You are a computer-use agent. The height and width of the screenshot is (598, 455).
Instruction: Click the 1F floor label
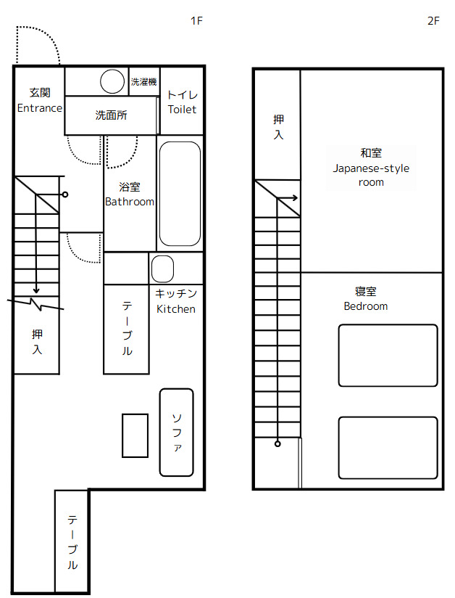(196, 21)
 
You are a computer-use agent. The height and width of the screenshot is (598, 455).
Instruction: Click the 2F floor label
(433, 21)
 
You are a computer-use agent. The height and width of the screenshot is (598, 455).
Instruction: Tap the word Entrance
(39, 108)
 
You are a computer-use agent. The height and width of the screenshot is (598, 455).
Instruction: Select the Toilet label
(182, 110)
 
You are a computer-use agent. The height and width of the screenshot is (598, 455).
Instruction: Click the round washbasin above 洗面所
(112, 81)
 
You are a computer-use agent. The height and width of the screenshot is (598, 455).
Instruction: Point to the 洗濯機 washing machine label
(143, 82)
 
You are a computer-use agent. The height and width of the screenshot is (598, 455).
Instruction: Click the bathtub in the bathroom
(180, 194)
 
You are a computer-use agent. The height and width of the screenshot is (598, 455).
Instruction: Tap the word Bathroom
(130, 202)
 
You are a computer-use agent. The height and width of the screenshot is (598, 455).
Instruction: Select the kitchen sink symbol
(162, 269)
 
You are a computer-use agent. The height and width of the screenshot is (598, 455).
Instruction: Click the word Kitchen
(176, 309)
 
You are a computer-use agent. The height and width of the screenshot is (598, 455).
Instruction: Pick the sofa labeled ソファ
(177, 433)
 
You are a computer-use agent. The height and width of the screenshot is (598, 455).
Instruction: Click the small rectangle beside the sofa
(135, 435)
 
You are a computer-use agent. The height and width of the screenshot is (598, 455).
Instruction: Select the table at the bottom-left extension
(72, 541)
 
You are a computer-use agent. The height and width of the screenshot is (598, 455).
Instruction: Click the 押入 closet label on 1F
(37, 342)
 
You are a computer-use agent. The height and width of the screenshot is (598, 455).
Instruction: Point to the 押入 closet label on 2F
(278, 126)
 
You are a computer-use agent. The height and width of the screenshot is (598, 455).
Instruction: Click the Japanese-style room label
(371, 168)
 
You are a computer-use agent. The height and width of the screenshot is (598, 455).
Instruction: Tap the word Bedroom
(365, 306)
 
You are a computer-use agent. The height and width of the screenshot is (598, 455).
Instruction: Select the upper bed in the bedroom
(388, 356)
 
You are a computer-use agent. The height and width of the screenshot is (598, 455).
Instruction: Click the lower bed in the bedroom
(388, 448)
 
